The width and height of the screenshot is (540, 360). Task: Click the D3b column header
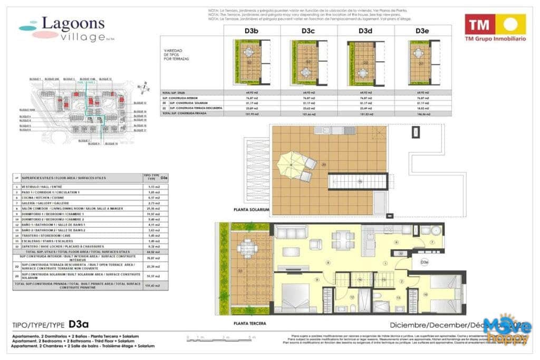coord(251,31)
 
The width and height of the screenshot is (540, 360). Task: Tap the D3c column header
coord(308,31)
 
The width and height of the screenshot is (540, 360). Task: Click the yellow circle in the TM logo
coord(510,24)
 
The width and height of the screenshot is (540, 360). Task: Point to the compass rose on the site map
coord(140,88)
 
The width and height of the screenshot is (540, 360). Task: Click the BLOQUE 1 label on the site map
coord(35,79)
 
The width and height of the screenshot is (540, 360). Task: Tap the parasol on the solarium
coord(288,163)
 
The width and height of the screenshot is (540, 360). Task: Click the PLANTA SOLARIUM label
coord(252,209)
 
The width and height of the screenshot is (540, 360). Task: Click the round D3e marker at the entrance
coord(424,261)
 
